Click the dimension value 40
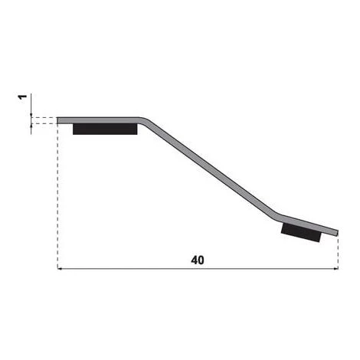[x=198, y=260]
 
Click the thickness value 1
[x=22, y=97]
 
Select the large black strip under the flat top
[x=105, y=129]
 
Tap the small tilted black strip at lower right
[x=301, y=232]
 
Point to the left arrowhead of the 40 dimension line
[x=59, y=269]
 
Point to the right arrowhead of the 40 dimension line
[x=336, y=269]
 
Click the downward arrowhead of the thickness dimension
[x=31, y=115]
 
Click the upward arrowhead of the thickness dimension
[x=31, y=126]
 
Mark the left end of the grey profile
[x=57, y=120]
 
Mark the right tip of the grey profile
[x=337, y=233]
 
